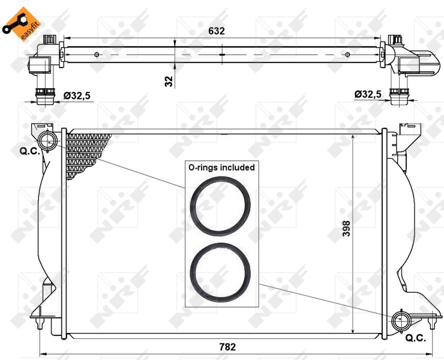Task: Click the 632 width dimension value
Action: pos(217,31)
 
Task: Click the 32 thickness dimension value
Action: pos(169,81)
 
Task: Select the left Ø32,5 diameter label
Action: pos(77,96)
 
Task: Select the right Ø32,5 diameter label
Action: pos(368,94)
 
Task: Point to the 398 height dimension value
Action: pos(346,228)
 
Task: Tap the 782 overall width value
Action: pos(227,347)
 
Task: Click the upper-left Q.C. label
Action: pos(30,151)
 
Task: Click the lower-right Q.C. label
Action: pos(416,338)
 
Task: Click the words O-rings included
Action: pos(222,167)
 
